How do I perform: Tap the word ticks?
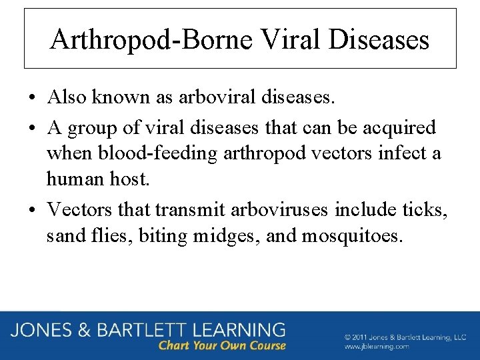pos(422,209)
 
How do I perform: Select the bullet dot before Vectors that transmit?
pos(32,210)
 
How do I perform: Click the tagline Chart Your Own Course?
pos(221,345)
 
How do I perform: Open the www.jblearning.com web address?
pos(377,347)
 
